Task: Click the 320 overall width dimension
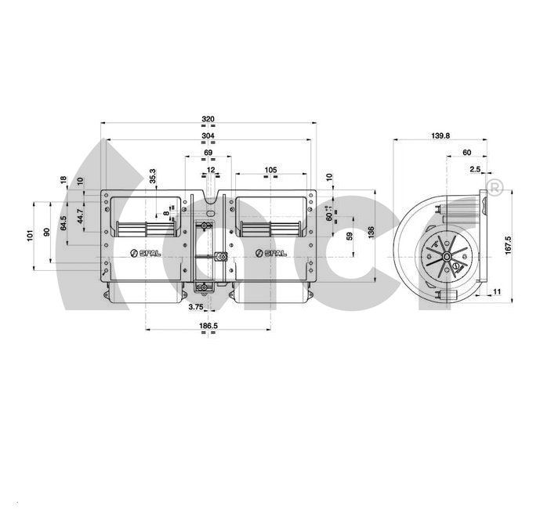pyautogui.click(x=208, y=119)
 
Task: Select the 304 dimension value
pyautogui.click(x=208, y=136)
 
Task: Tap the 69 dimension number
pyautogui.click(x=208, y=153)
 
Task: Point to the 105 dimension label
pyautogui.click(x=270, y=170)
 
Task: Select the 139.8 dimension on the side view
pyautogui.click(x=440, y=135)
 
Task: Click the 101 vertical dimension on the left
pyautogui.click(x=28, y=234)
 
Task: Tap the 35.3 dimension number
pyautogui.click(x=153, y=176)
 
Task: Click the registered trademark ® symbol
pyautogui.click(x=495, y=187)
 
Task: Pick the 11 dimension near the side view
pyautogui.click(x=496, y=292)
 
